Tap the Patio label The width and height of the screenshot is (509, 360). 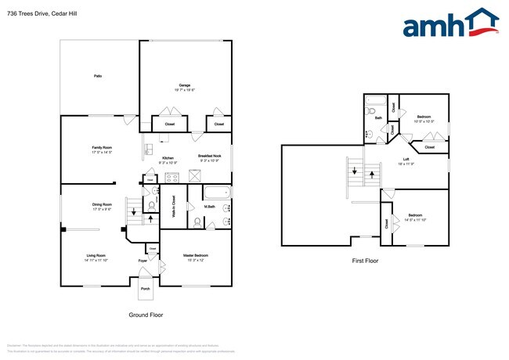pyautogui.click(x=98, y=76)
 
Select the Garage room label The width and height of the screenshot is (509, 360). pyautogui.click(x=185, y=87)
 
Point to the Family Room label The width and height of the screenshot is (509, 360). pyautogui.click(x=102, y=149)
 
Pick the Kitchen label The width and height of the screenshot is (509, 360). pyautogui.click(x=168, y=160)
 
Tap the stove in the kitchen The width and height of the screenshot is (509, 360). pyautogui.click(x=171, y=178)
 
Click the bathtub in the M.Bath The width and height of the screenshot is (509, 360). pyautogui.click(x=215, y=193)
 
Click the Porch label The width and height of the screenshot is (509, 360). pyautogui.click(x=145, y=289)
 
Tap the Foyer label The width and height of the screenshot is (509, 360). pyautogui.click(x=143, y=260)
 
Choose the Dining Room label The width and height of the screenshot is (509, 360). pyautogui.click(x=102, y=206)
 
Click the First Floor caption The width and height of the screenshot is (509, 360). pyautogui.click(x=365, y=260)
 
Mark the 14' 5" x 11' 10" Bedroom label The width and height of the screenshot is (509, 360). pyautogui.click(x=417, y=218)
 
